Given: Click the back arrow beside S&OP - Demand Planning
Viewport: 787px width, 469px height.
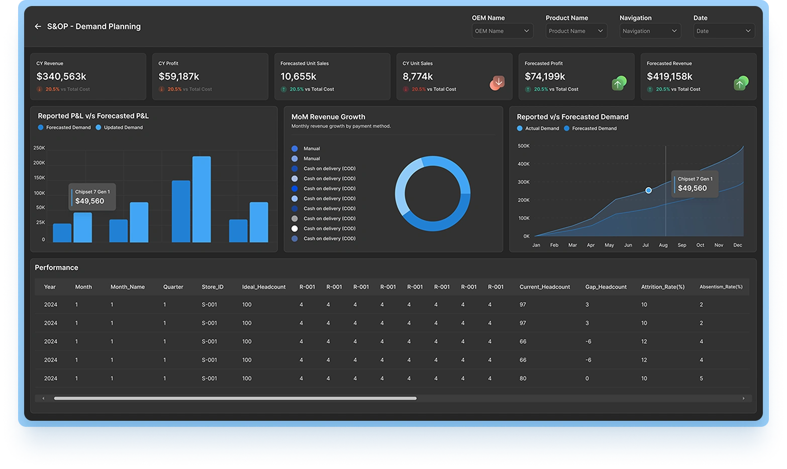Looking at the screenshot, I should pyautogui.click(x=38, y=27).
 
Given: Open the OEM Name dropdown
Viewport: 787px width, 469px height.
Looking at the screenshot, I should pyautogui.click(x=502, y=31).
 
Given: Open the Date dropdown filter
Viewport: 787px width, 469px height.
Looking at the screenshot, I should pyautogui.click(x=724, y=31).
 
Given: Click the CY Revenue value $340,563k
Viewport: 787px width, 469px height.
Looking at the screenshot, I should pyautogui.click(x=61, y=76).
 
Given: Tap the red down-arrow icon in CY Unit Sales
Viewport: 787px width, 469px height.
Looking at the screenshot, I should pyautogui.click(x=498, y=83).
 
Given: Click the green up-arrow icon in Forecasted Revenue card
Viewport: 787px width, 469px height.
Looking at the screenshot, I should pyautogui.click(x=741, y=83).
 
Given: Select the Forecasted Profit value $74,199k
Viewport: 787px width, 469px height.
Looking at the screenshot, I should pyautogui.click(x=545, y=76).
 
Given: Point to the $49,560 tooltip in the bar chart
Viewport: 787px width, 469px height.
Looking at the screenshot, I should pyautogui.click(x=92, y=197).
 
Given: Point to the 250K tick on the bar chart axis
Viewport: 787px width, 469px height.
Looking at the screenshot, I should pyautogui.click(x=39, y=148).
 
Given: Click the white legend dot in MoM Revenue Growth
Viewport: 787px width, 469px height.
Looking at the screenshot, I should pyautogui.click(x=294, y=228).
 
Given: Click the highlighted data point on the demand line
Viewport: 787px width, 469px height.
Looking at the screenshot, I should pyautogui.click(x=648, y=190).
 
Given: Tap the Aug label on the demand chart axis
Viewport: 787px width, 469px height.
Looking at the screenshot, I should pyautogui.click(x=663, y=245).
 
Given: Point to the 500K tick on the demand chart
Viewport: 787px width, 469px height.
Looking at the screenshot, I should pyautogui.click(x=523, y=146).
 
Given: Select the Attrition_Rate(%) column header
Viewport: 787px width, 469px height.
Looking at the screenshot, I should pyautogui.click(x=662, y=287).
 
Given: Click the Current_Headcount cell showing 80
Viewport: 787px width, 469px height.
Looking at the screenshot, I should pyautogui.click(x=523, y=378).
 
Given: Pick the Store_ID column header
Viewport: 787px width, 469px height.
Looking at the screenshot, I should pyautogui.click(x=213, y=287).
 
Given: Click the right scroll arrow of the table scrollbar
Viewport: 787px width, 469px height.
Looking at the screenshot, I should pyautogui.click(x=743, y=398).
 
